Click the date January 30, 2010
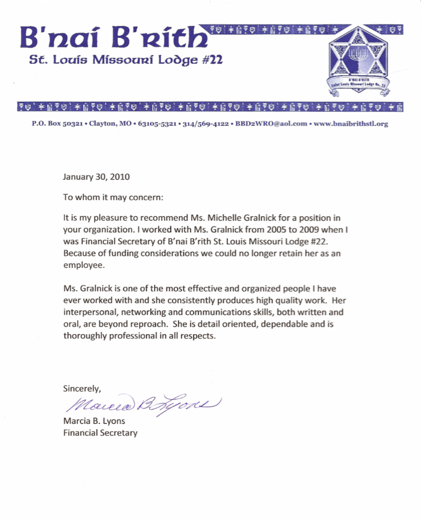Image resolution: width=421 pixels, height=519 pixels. point(96,176)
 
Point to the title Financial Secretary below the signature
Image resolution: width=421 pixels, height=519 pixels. point(100,432)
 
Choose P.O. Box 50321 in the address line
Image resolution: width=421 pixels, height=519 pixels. point(53,124)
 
